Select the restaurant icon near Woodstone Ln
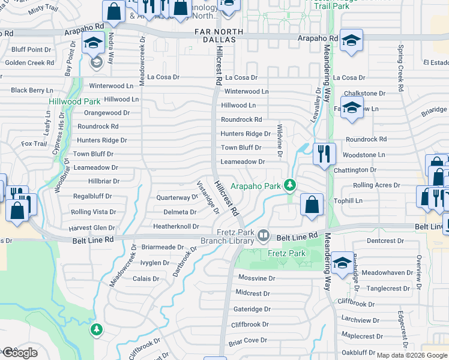324,154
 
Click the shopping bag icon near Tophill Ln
312,205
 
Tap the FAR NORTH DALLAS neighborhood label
219,36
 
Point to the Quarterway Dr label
176,197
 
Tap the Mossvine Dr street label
256,278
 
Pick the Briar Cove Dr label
247,340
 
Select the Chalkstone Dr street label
364,94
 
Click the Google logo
19,353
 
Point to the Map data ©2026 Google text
411,355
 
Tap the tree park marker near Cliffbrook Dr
96,329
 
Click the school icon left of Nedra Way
92,43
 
